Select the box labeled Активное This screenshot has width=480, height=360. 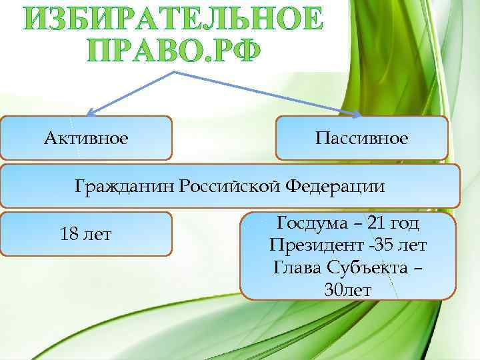[x=86, y=138]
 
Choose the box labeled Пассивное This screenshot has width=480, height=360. [x=361, y=138]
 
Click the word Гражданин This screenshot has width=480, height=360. [x=125, y=185]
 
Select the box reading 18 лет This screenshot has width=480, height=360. [x=86, y=234]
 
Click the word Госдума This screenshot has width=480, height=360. [x=309, y=223]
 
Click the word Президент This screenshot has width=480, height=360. [x=306, y=245]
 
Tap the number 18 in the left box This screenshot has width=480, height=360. [x=69, y=234]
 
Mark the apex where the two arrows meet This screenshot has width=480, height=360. [x=175, y=71]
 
